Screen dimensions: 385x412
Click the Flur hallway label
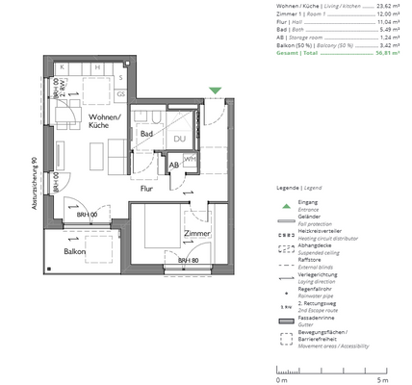[x=147, y=189]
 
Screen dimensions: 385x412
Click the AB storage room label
[x=173, y=165]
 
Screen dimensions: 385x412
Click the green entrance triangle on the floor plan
[x=216, y=91]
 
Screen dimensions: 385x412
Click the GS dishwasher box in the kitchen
[x=120, y=94]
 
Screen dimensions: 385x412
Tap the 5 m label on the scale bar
[x=382, y=380]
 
